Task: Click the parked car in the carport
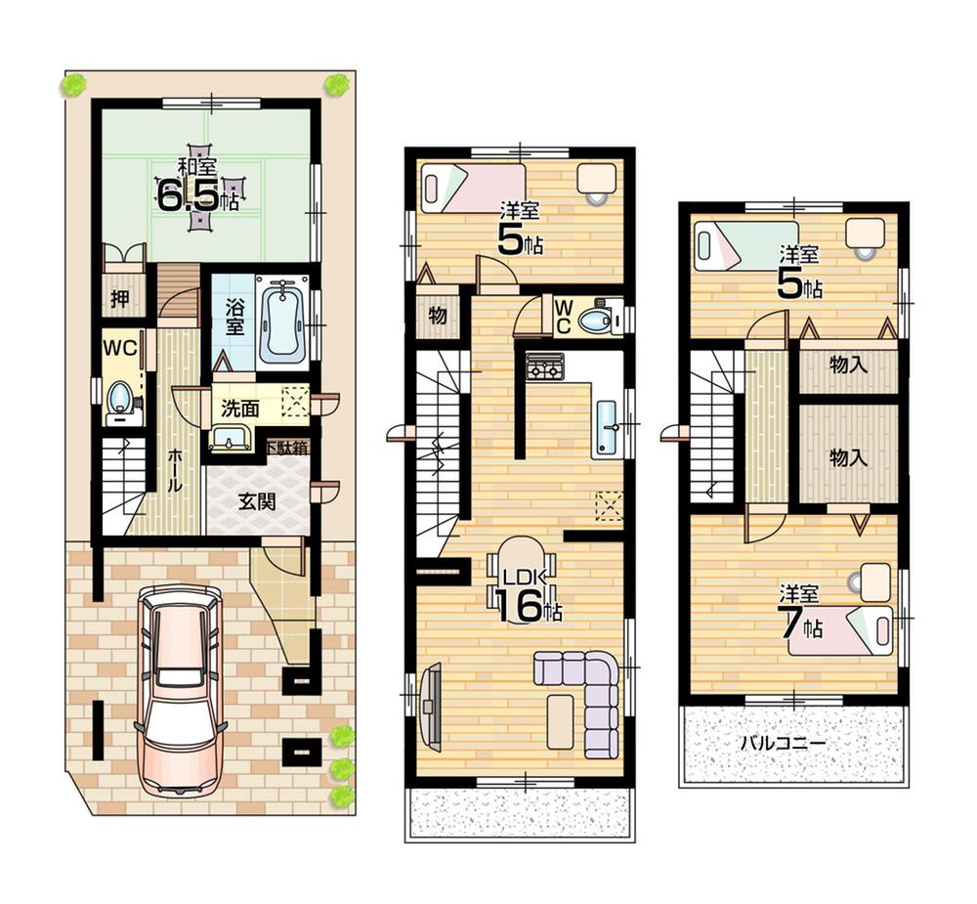(x=181, y=689)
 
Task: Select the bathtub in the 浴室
(x=281, y=322)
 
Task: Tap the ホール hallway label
(x=173, y=470)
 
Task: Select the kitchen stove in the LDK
(x=543, y=367)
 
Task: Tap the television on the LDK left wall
(x=430, y=706)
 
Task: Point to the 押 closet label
(x=119, y=299)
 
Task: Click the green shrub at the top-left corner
(x=73, y=86)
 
